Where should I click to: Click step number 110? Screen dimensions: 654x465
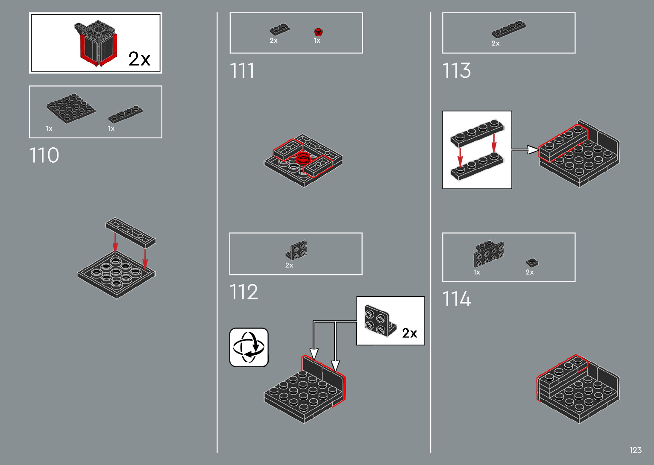44,155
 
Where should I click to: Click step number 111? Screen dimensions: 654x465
242,70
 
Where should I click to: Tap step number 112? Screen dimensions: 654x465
244,292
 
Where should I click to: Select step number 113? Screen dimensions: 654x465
456,70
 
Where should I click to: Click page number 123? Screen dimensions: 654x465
635,450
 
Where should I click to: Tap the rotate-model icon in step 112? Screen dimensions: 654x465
249,347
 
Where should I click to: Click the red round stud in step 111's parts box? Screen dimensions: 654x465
318,32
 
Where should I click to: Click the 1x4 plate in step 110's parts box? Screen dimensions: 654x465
125,114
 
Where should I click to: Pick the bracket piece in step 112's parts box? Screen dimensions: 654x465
297,250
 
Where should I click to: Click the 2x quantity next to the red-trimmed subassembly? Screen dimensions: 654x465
139,58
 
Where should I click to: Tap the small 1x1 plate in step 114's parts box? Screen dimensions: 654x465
532,263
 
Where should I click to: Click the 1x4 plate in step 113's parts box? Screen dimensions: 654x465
508,29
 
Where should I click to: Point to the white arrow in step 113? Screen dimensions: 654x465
525,149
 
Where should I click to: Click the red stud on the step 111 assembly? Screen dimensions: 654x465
303,158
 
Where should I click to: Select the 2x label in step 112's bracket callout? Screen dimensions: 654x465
409,333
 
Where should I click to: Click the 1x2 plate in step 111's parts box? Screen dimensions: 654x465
280,30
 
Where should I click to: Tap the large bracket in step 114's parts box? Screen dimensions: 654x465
489,254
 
